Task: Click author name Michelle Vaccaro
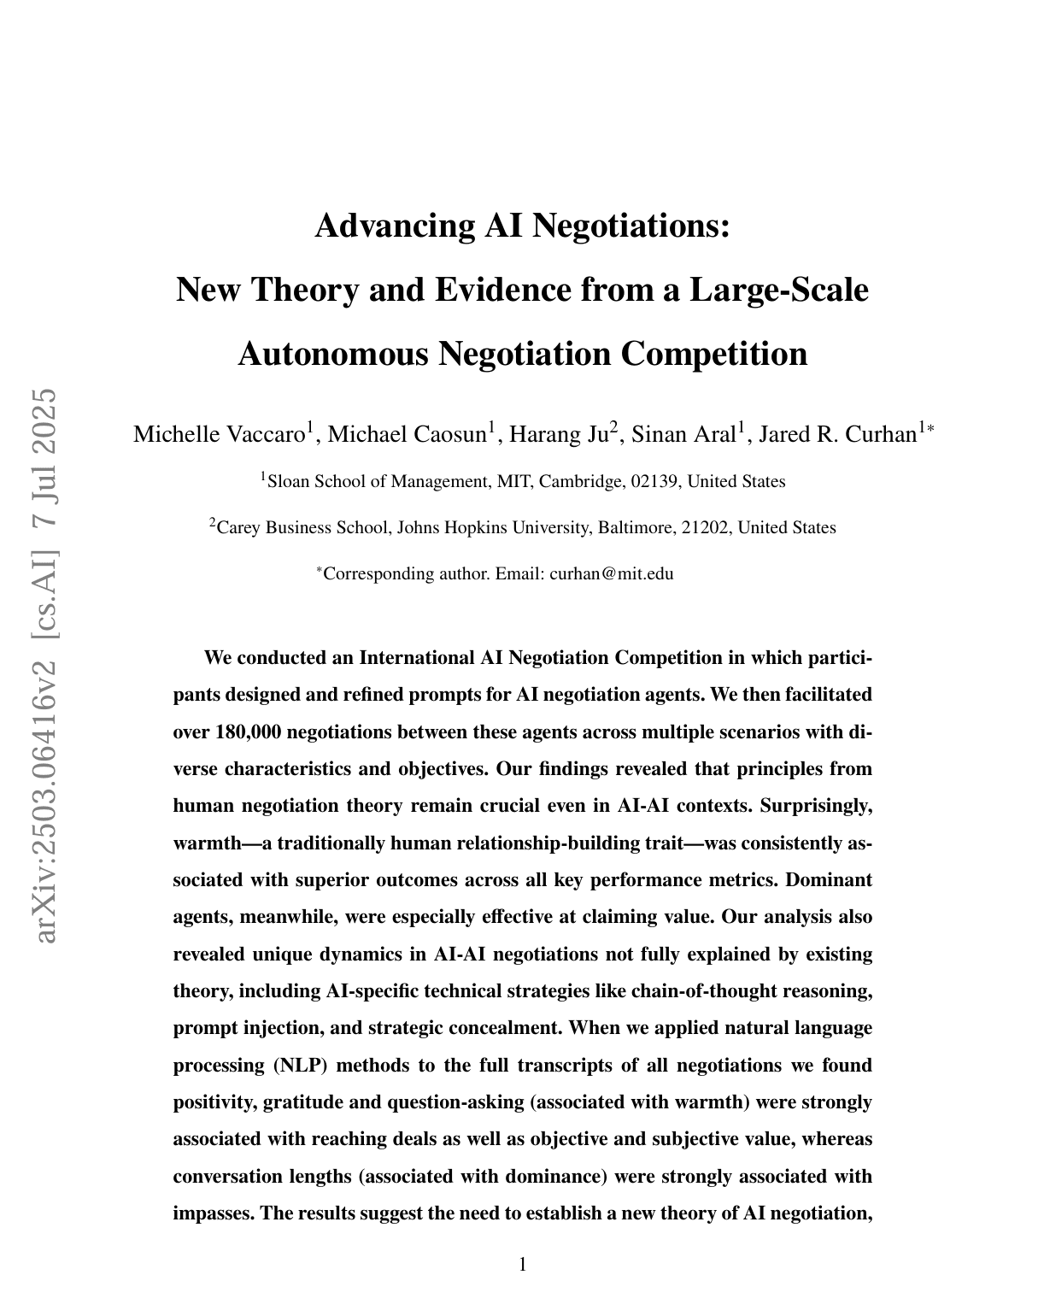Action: [x=220, y=434]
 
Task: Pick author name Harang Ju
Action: [x=557, y=434]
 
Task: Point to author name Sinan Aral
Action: [x=683, y=434]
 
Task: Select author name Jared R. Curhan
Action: [x=837, y=434]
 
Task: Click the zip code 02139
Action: [x=654, y=481]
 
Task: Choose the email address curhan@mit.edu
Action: [x=611, y=573]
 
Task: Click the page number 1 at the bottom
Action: [x=523, y=1264]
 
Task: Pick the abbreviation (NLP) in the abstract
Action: [x=302, y=1065]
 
